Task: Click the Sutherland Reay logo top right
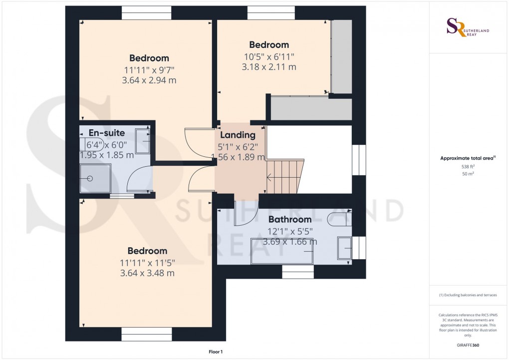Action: pyautogui.click(x=468, y=27)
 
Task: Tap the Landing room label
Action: pyautogui.click(x=238, y=135)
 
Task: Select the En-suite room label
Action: pyautogui.click(x=107, y=133)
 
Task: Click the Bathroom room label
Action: pyautogui.click(x=289, y=219)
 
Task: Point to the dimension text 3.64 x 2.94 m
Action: pyautogui.click(x=149, y=80)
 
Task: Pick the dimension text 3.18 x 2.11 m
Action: pyautogui.click(x=269, y=67)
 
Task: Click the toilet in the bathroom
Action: pyautogui.click(x=340, y=218)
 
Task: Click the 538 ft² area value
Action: pyautogui.click(x=468, y=167)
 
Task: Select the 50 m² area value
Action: pyautogui.click(x=468, y=174)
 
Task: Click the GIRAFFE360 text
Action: pyautogui.click(x=468, y=345)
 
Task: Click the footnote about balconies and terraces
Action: pyautogui.click(x=468, y=295)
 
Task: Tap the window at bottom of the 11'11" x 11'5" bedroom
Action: pyautogui.click(x=147, y=334)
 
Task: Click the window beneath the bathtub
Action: pyautogui.click(x=298, y=272)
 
